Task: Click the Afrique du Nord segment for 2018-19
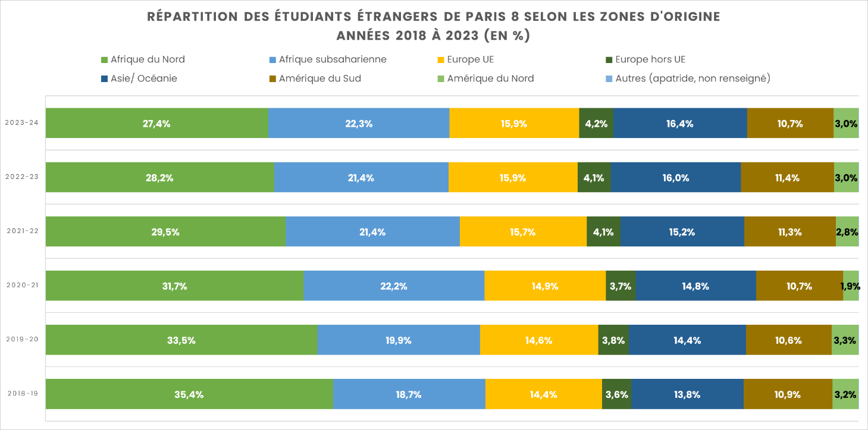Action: point(189,394)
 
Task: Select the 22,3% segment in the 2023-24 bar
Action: point(359,124)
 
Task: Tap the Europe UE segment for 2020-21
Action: point(545,286)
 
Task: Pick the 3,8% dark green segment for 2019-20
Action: point(613,340)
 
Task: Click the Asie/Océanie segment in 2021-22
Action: point(682,232)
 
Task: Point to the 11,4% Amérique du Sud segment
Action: point(787,178)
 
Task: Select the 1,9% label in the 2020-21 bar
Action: point(850,286)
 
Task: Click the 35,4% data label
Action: point(189,394)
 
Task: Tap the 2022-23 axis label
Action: point(21,177)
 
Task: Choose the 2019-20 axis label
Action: point(21,340)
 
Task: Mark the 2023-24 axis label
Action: point(21,123)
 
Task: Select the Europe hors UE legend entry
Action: point(650,59)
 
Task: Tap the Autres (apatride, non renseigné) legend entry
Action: point(692,79)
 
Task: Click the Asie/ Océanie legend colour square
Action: point(104,79)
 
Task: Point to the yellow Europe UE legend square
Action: point(441,59)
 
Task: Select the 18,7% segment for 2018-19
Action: point(409,394)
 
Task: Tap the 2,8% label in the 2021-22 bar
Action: point(847,232)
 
